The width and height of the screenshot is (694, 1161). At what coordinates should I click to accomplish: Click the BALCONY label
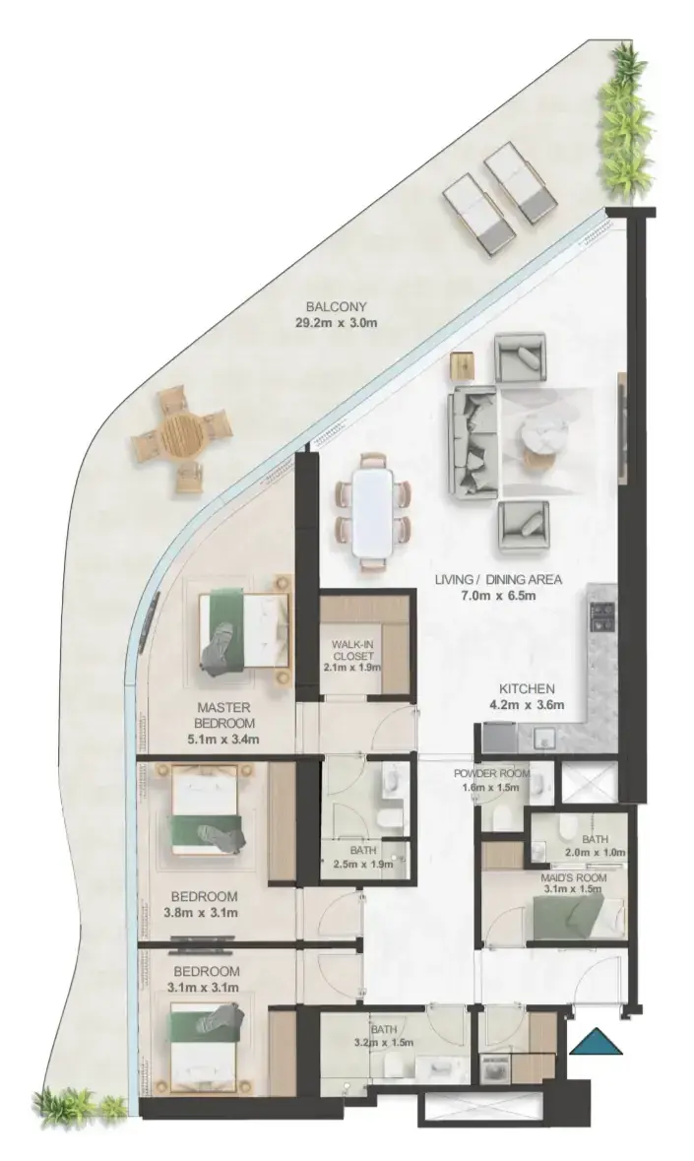tap(337, 306)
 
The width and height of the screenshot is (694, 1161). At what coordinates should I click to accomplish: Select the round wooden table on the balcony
tap(181, 436)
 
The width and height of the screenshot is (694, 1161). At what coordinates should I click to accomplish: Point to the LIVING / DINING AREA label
tap(498, 579)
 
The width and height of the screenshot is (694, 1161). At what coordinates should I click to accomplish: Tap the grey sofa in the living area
tap(473, 440)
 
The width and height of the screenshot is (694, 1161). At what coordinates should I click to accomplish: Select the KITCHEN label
tap(526, 688)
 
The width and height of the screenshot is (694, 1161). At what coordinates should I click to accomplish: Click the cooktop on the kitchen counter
tap(602, 614)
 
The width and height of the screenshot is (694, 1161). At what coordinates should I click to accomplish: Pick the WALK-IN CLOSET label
tap(352, 650)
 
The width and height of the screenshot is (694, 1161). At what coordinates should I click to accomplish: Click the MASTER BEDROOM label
tap(223, 715)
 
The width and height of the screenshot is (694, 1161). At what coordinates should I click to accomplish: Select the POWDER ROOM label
tap(491, 774)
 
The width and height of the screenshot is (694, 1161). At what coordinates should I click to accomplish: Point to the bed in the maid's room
tap(580, 918)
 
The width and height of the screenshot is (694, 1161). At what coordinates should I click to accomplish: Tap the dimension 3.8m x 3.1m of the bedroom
tap(200, 912)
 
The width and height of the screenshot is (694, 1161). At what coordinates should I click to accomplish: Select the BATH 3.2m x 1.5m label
tap(384, 1036)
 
